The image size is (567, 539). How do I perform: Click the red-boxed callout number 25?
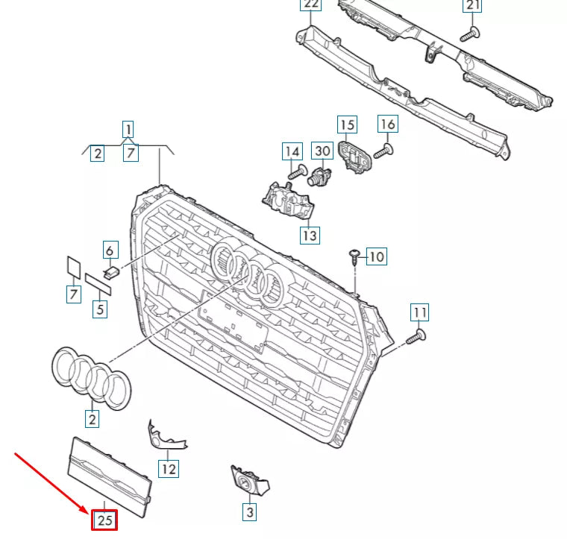click(x=105, y=520)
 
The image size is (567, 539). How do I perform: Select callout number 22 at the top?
click(x=310, y=6)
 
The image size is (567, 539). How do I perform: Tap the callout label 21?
click(x=472, y=6)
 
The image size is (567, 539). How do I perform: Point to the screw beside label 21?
click(x=469, y=33)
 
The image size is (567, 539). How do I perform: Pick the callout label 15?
click(x=347, y=124)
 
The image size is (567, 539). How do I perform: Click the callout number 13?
click(x=310, y=236)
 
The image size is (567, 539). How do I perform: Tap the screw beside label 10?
click(x=354, y=258)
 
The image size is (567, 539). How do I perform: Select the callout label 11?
click(x=421, y=312)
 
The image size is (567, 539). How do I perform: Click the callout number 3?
click(x=250, y=512)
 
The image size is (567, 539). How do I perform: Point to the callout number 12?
click(x=169, y=469)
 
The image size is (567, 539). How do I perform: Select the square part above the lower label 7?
click(x=74, y=267)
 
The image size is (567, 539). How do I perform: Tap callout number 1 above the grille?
click(x=128, y=127)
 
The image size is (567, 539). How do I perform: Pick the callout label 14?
click(x=291, y=152)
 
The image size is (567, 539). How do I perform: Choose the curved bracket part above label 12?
click(x=163, y=436)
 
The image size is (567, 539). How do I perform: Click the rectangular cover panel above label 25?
click(x=110, y=470)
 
